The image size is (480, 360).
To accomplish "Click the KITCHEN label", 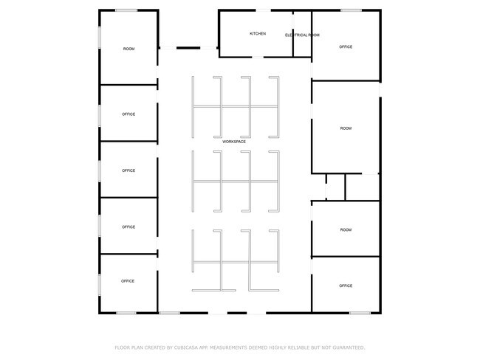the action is (x=258, y=34).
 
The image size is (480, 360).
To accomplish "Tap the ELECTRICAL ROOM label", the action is (x=302, y=35).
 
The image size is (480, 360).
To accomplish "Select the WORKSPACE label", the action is (x=234, y=142).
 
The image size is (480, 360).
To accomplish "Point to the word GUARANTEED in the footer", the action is (x=349, y=347).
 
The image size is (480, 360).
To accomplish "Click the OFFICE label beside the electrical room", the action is (x=346, y=46).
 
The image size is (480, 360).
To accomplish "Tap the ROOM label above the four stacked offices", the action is (x=129, y=49).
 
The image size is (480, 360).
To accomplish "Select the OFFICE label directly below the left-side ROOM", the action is (x=128, y=114).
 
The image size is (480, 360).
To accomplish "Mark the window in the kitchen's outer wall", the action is (x=263, y=10).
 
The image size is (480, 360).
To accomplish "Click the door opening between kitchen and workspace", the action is (x=258, y=57).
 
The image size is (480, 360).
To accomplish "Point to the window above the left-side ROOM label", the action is (x=126, y=10).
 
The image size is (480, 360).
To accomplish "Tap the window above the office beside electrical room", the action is (x=351, y=10).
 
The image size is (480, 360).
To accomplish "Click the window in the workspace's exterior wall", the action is (x=170, y=313).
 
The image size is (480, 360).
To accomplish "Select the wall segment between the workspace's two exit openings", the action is (x=237, y=313).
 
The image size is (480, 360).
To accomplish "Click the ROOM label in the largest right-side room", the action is (x=346, y=128).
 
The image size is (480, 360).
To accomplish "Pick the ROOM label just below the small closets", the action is (x=346, y=229).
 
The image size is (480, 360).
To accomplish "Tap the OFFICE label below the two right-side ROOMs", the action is (x=346, y=285).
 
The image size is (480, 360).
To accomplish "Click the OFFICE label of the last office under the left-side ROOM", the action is (x=128, y=281).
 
